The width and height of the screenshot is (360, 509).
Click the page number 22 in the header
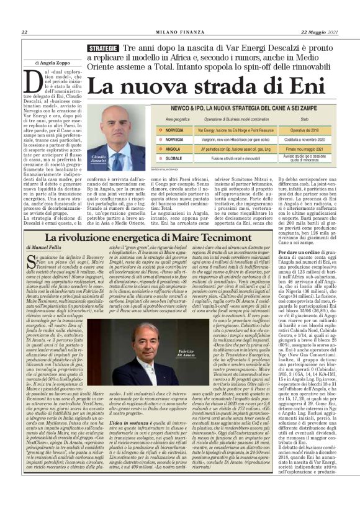[24, 32]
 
